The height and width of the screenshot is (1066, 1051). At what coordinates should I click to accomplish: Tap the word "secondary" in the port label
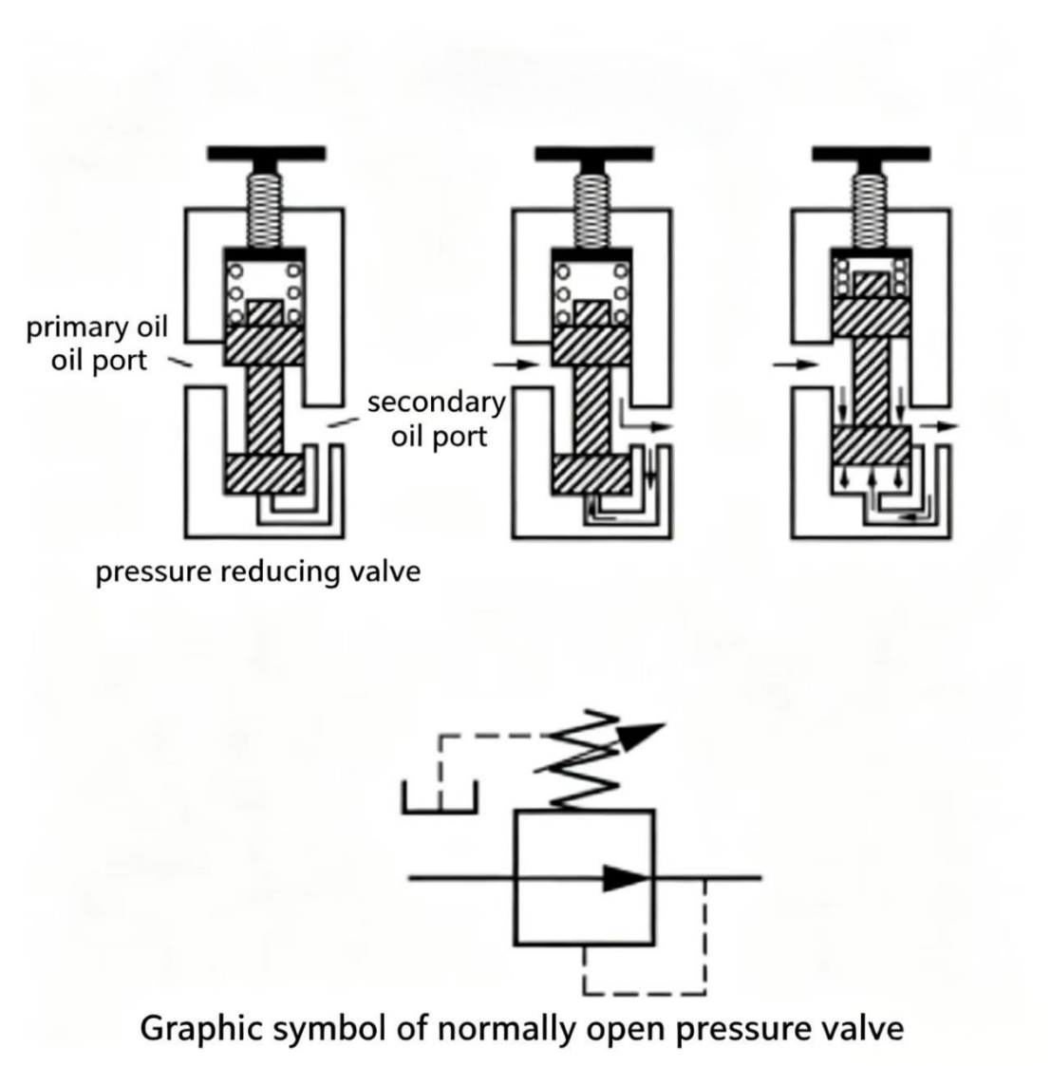(437, 402)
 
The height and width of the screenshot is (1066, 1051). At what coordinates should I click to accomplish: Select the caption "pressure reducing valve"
(257, 571)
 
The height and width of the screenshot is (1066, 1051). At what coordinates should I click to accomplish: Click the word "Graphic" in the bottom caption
(202, 1029)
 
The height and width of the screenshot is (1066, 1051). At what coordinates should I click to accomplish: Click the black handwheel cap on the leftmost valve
(266, 154)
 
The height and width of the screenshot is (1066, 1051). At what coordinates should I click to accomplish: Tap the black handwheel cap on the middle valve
(593, 154)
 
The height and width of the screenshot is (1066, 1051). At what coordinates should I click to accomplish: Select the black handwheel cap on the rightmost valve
(871, 154)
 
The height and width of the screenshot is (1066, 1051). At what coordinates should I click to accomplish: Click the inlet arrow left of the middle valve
(516, 365)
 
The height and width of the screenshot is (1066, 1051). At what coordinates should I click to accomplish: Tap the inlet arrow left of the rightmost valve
(796, 365)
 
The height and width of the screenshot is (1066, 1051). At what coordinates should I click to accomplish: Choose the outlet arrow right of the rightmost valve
(940, 426)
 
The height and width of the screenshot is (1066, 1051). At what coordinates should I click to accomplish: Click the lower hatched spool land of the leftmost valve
(265, 473)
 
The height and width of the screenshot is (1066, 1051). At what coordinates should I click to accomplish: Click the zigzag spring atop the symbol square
(585, 760)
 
